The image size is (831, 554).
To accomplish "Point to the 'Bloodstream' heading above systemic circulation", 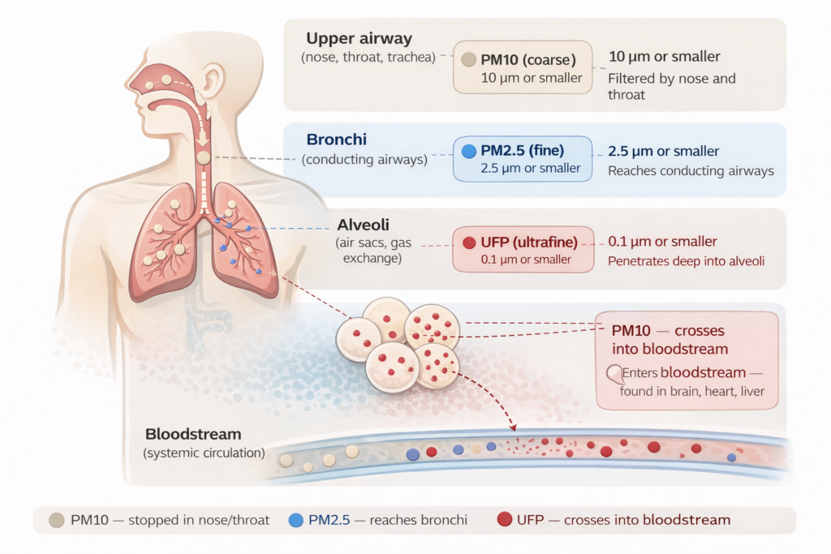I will point(193,435).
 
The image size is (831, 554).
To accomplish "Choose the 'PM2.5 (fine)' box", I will point(523,158).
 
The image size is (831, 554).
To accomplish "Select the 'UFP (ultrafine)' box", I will point(523,249).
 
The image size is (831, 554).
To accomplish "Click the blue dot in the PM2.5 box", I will point(468,151).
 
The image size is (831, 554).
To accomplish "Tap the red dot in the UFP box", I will point(468,242).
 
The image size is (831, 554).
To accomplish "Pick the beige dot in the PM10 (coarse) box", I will point(468,59).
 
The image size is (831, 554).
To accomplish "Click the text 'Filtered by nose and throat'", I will point(672,86).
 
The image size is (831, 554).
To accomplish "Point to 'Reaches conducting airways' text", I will point(691,171).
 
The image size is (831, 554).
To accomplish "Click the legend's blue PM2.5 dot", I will point(295,520).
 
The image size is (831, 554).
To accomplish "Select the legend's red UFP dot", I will point(503,520).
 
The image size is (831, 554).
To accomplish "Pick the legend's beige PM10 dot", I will point(57,520).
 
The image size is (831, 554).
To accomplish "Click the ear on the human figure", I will point(213,84).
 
